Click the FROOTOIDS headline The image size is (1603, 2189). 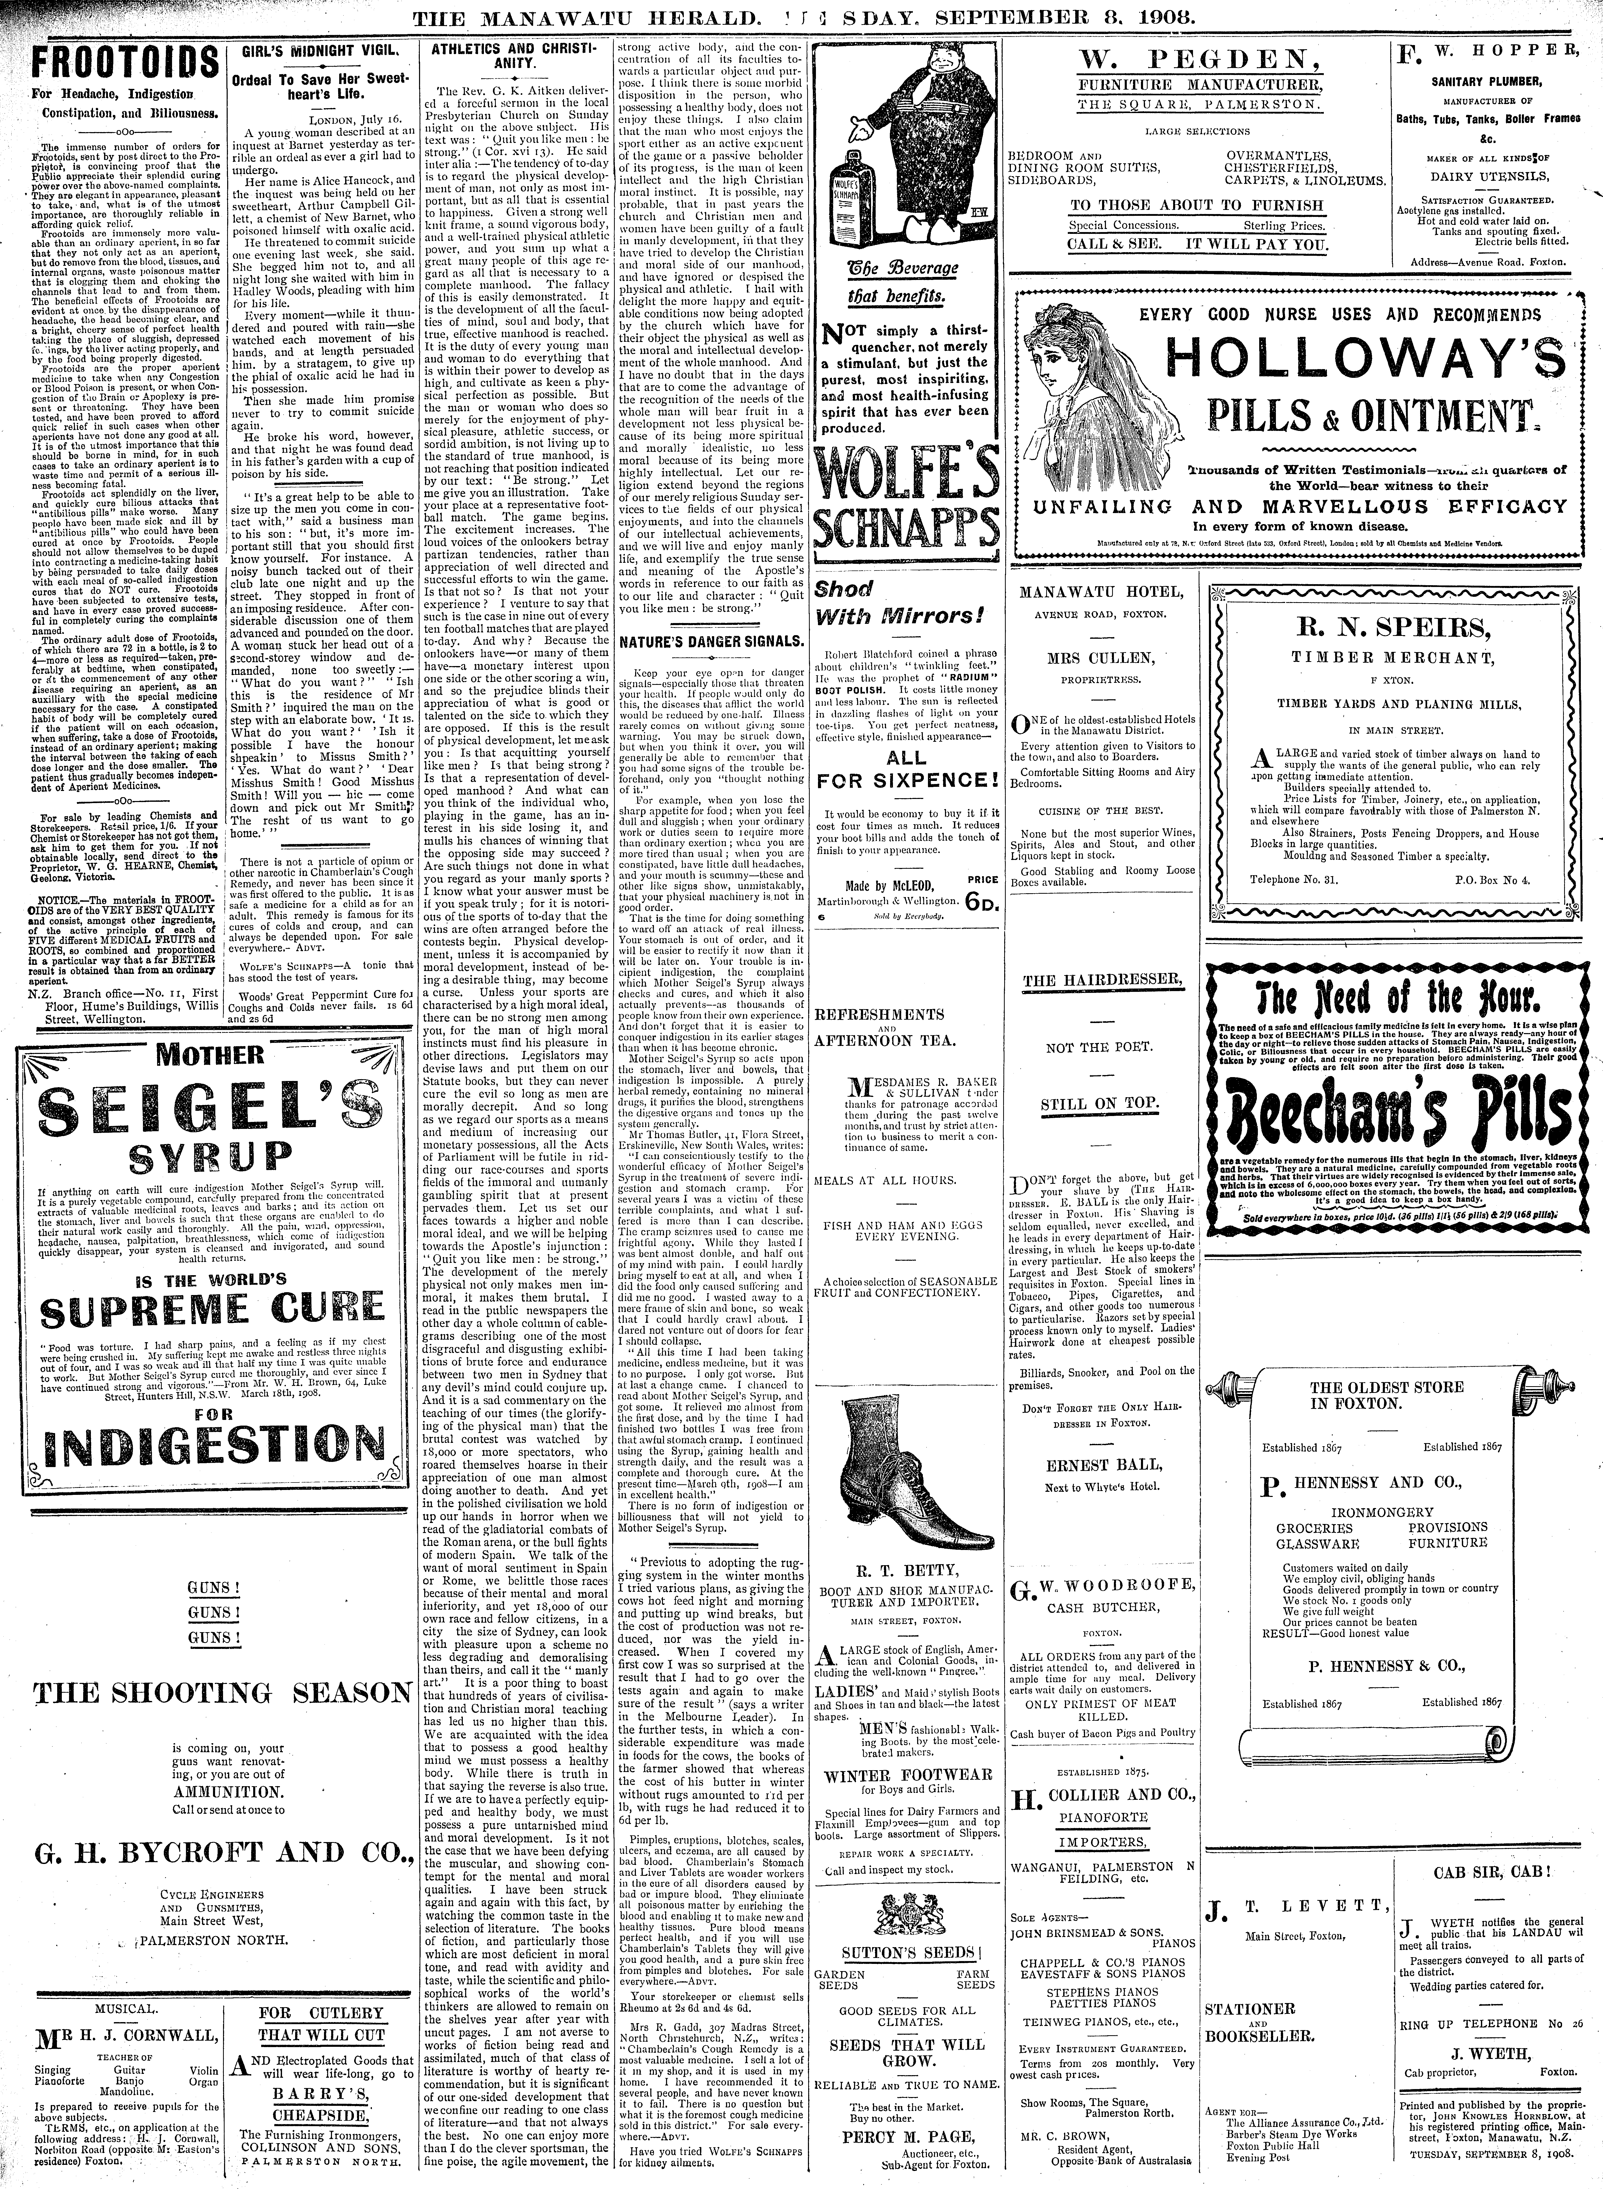pos(114,66)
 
